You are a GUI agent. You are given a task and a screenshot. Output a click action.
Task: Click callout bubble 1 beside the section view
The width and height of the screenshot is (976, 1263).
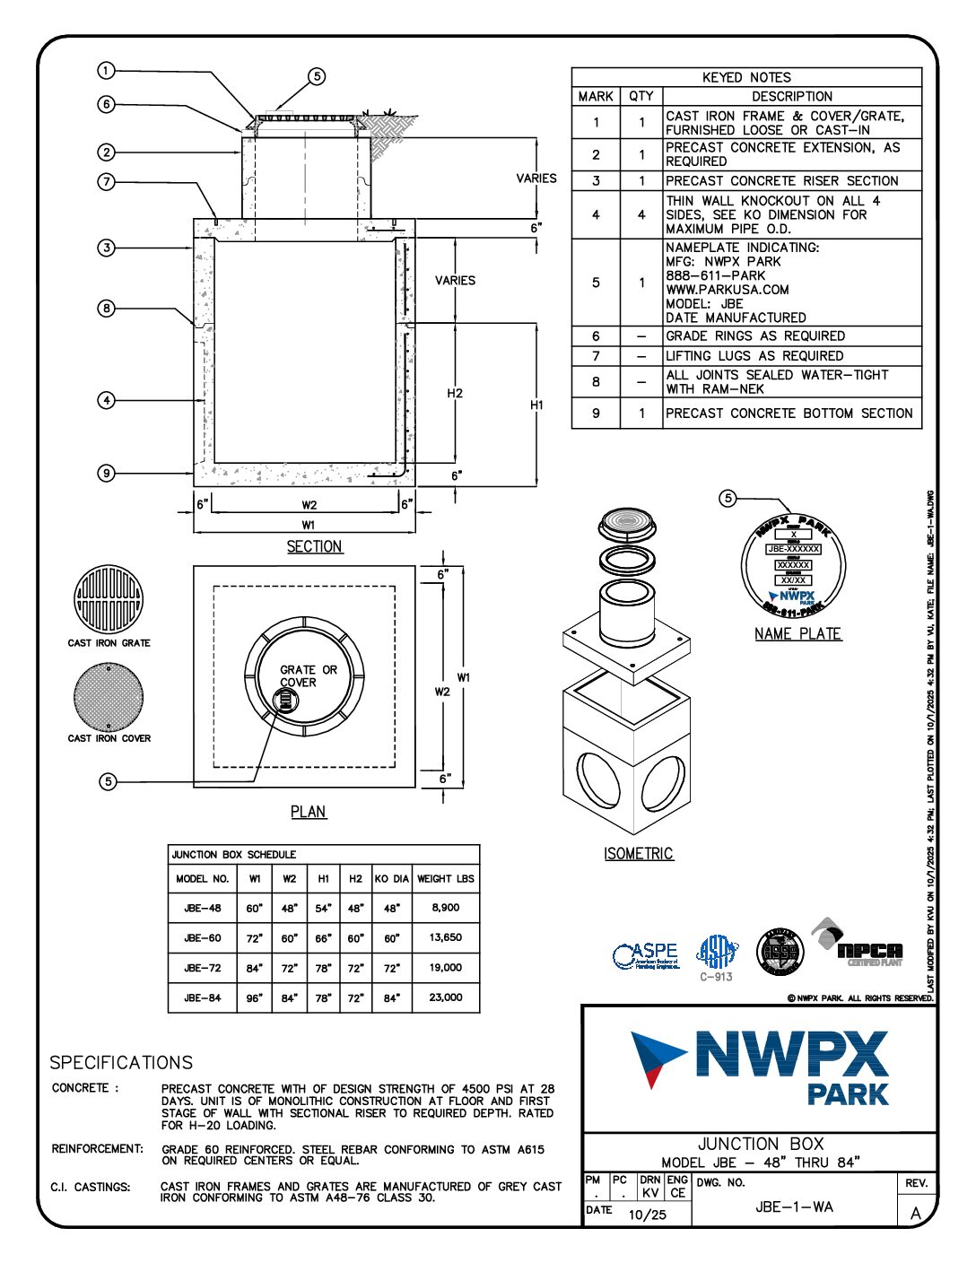(x=106, y=71)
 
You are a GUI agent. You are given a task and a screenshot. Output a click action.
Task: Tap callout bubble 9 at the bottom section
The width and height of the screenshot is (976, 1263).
(x=106, y=473)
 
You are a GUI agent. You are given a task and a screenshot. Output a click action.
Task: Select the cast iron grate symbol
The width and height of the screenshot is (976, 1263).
(x=109, y=599)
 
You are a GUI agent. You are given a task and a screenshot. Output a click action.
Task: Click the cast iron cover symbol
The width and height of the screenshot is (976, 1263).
(x=109, y=697)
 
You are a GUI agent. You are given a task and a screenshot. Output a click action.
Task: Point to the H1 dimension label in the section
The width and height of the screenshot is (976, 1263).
(x=536, y=405)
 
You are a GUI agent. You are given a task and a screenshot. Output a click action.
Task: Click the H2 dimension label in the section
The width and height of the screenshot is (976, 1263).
(x=455, y=393)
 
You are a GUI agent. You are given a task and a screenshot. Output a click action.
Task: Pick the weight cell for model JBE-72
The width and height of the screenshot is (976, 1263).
(x=446, y=968)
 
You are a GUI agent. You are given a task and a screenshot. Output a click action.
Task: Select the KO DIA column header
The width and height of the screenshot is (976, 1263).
(x=391, y=879)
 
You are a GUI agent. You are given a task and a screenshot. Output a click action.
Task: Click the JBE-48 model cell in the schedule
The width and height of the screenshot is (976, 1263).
(x=203, y=908)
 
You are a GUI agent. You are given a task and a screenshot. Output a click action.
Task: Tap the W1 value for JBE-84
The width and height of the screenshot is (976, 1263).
(x=255, y=997)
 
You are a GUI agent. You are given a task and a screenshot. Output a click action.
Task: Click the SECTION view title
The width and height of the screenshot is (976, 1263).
(x=314, y=546)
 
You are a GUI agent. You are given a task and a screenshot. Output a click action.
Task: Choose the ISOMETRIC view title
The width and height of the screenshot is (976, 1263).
(x=638, y=854)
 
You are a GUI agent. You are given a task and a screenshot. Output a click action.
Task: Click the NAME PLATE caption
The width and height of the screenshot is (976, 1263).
(x=797, y=634)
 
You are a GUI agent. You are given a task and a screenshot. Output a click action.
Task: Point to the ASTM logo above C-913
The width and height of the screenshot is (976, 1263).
(x=717, y=953)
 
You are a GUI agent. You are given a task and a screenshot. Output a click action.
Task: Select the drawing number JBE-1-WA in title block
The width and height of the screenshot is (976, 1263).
(x=794, y=1207)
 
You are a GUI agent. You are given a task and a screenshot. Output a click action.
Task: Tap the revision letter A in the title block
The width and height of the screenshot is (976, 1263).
(x=916, y=1214)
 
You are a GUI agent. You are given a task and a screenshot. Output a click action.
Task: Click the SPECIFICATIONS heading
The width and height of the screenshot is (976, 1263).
(x=121, y=1063)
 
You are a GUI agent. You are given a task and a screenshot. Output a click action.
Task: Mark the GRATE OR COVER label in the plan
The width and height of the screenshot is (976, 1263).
(x=309, y=675)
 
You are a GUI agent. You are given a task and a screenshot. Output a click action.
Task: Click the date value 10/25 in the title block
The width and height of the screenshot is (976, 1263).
(x=648, y=1215)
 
